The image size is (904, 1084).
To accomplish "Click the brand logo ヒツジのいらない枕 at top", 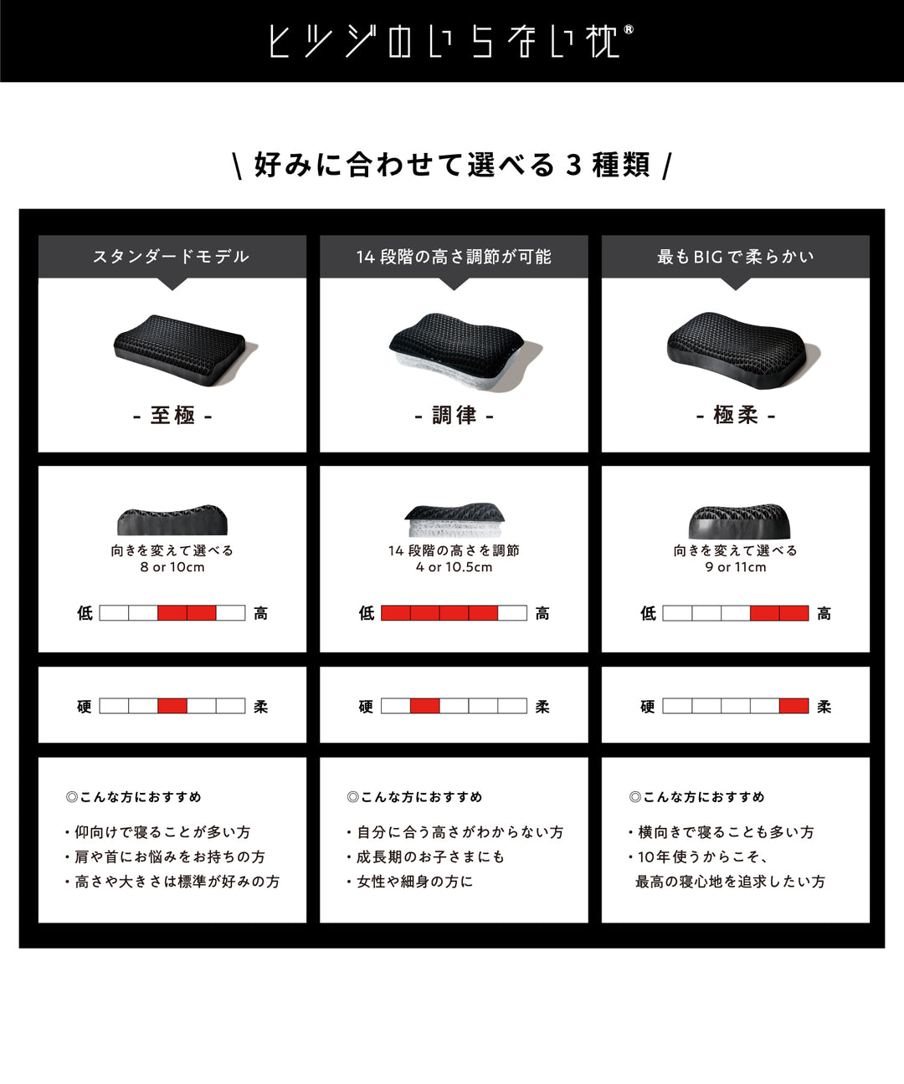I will (451, 41).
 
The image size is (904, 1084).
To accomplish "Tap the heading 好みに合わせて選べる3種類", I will (452, 165).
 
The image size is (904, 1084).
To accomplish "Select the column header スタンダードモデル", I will (172, 257).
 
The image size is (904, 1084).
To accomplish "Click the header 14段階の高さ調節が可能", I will (454, 257).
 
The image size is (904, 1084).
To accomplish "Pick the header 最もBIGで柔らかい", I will (735, 257).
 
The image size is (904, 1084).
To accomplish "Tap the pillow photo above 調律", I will (460, 351).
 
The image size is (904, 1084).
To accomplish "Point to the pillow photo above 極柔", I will (740, 350).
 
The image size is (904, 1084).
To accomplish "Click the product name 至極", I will (172, 415).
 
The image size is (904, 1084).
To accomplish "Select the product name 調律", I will (454, 415).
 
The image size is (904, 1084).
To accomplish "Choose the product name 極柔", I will (735, 415).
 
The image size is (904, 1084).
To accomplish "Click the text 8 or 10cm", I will (172, 567).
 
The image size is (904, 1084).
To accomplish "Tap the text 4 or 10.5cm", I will (454, 567).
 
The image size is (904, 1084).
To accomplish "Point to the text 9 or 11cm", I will (735, 567).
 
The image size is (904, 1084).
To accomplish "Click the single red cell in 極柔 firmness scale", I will (794, 706).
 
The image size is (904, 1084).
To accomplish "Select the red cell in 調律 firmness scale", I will (424, 706).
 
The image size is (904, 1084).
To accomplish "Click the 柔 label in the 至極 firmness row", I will (261, 707).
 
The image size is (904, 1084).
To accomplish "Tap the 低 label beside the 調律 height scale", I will (367, 613).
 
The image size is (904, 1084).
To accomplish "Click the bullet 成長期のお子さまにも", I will (429, 856).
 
